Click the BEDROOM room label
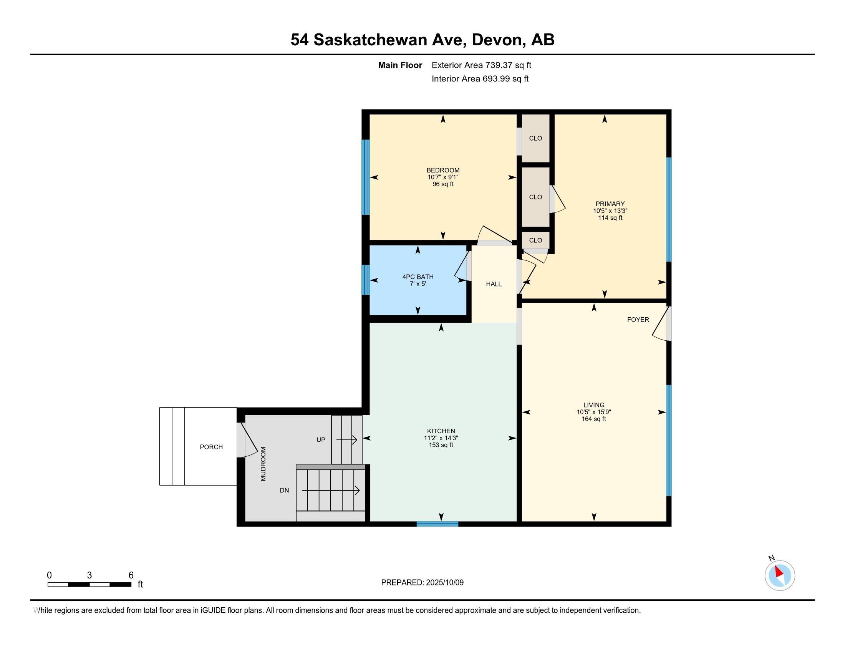(443, 170)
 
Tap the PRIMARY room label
(610, 204)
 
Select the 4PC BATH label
(418, 277)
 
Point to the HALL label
(494, 284)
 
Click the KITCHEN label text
(441, 431)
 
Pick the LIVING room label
(594, 405)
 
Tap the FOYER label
(638, 320)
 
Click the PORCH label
(211, 447)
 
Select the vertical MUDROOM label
(263, 464)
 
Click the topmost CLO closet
(535, 138)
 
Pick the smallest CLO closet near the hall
(535, 240)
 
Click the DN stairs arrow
(331, 491)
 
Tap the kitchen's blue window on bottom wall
(437, 524)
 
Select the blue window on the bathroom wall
(366, 280)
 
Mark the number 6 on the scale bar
(131, 575)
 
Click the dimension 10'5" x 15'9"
(594, 412)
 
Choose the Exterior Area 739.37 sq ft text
(481, 65)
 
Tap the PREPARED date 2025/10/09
(444, 583)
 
